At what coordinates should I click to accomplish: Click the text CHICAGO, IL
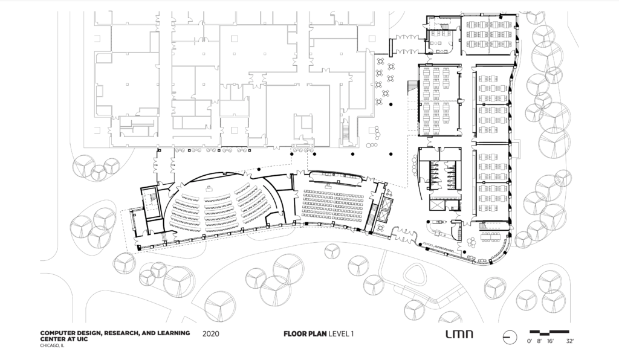[x=53, y=346]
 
